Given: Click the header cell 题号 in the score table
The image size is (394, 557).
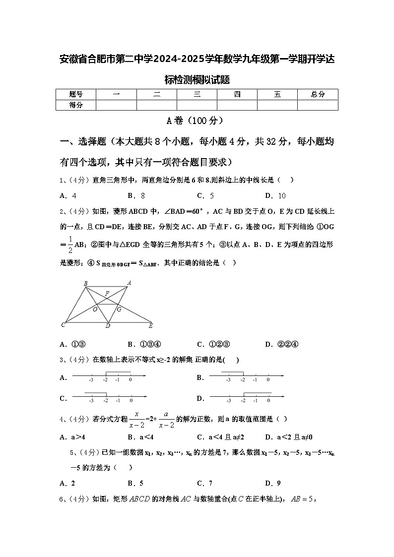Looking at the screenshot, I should tap(75, 94).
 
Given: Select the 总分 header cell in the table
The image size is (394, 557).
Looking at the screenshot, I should tap(318, 94).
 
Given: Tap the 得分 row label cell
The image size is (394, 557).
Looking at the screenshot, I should tap(75, 105).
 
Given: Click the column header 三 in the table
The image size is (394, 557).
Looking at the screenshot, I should tap(197, 94).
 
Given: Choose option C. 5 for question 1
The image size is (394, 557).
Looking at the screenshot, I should tap(205, 195).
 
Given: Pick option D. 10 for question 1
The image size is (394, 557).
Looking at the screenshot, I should tap(275, 195).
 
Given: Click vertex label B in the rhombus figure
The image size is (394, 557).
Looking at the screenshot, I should tap(85, 283).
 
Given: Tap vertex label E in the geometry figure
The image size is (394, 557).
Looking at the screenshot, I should tap(151, 326).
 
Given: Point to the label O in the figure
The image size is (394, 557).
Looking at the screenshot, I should tap(95, 309).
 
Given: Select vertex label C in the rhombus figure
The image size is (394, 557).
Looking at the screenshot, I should tap(63, 325).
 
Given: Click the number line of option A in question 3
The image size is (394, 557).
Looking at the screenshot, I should tap(109, 377).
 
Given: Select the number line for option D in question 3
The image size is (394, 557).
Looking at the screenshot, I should tap(247, 397).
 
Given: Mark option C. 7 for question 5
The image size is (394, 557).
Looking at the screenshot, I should tap(205, 483).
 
